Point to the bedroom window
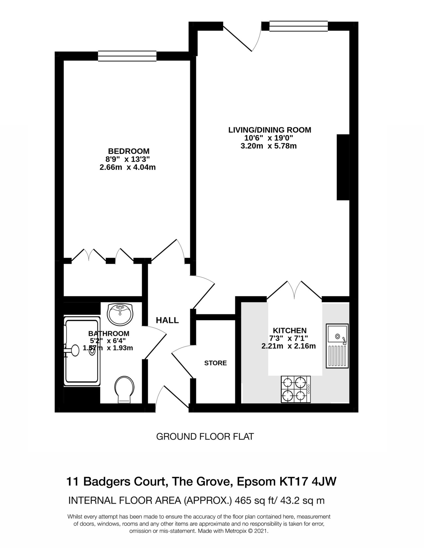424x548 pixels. pos(127,56)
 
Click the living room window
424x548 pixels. pos(298,26)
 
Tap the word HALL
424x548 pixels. pos(167,320)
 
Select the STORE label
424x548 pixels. pos(215,363)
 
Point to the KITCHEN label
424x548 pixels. pos(289,330)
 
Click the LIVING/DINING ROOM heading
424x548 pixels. pos(270,130)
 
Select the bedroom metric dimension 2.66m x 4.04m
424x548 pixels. pos(127,168)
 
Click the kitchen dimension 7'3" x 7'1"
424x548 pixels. pos(289,338)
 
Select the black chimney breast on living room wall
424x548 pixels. pos(343,167)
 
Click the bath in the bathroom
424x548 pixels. pos(82,351)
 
